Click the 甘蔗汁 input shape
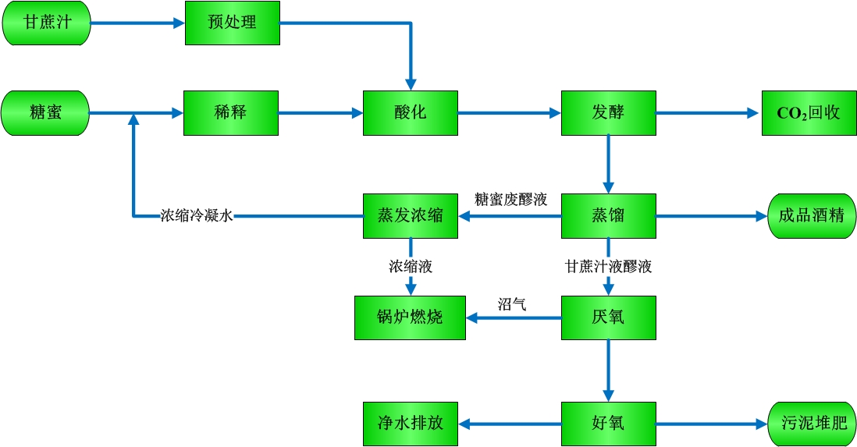46,23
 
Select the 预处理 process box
232,23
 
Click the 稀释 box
230,113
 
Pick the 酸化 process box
410,113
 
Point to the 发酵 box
608,113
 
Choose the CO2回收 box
809,113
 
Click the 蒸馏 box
608,216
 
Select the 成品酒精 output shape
812,216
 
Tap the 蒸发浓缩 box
410,216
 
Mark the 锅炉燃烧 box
410,318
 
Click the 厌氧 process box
608,318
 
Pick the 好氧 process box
608,424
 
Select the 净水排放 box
410,424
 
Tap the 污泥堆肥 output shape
813,424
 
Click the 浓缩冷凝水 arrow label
197,216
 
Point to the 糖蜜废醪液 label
511,200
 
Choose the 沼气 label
512,304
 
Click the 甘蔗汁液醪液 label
608,267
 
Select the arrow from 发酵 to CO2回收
707,113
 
